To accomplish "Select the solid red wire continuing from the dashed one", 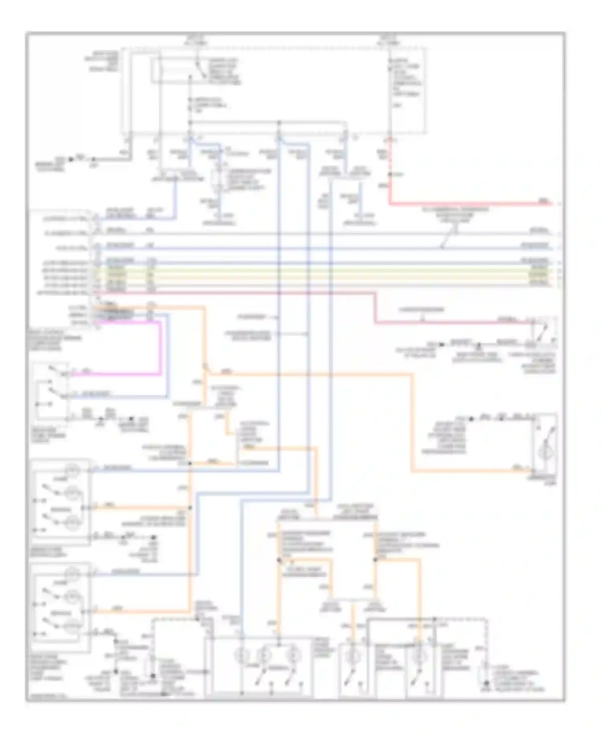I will click(462, 204).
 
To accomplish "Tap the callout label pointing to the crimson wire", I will click(421, 310).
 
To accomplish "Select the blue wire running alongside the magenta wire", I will click(167, 353).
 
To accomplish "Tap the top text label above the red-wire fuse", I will click(388, 39).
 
